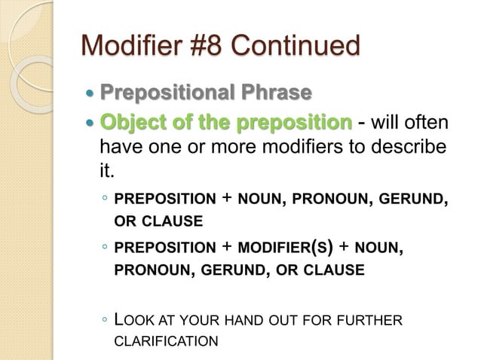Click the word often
pos(426,122)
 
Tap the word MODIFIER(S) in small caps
pos(287,247)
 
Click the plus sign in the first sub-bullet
pos(227,199)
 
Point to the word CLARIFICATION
pos(166,341)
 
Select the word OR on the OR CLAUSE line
pos(124,221)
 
